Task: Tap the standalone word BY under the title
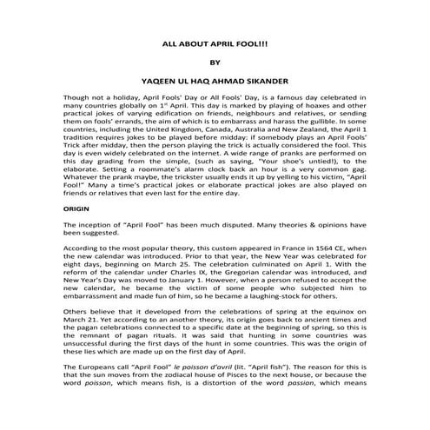pyautogui.click(x=215, y=63)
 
